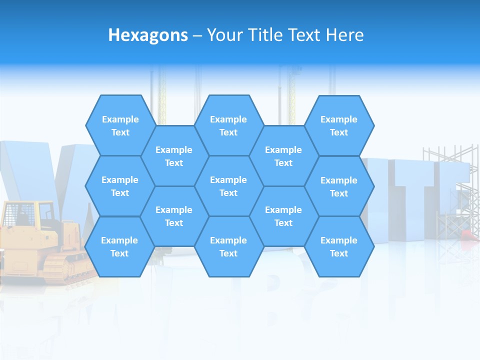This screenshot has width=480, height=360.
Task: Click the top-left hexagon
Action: click(120, 125)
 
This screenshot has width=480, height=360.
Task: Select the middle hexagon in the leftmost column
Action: click(120, 186)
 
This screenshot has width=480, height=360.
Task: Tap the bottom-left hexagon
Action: click(119, 246)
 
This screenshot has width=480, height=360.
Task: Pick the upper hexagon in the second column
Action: click(174, 156)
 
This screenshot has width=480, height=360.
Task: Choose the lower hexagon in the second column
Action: click(174, 216)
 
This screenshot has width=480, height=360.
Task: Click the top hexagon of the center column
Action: click(228, 125)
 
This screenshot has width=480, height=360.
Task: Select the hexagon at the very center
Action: click(228, 186)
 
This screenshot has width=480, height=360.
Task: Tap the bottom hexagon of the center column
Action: click(228, 246)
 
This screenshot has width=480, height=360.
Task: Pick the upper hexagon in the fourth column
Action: click(283, 156)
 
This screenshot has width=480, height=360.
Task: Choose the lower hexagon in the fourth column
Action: click(283, 216)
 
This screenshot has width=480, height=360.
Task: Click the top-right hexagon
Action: click(339, 125)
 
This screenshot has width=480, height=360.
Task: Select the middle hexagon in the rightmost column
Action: click(339, 186)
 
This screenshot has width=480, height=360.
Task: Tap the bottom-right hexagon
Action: click(339, 246)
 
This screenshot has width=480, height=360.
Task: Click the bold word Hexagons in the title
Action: click(148, 35)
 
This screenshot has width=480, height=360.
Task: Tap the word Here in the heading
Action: click(344, 35)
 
